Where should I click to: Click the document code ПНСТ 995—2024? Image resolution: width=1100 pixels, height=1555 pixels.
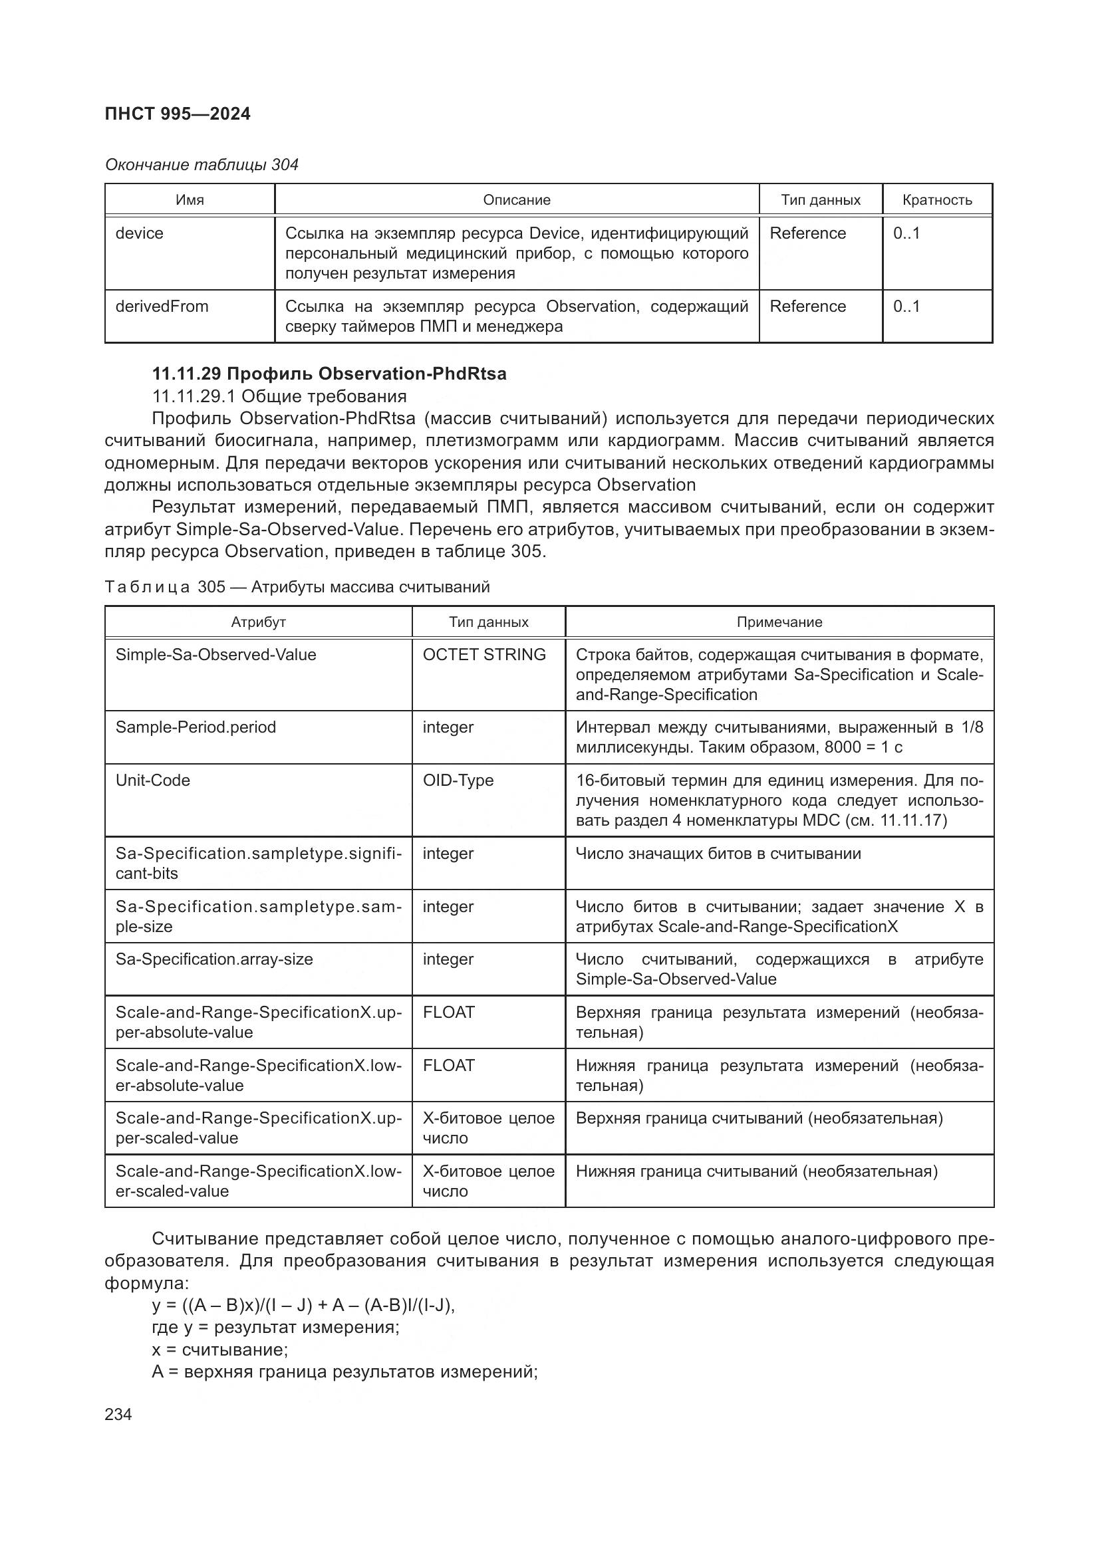point(178,114)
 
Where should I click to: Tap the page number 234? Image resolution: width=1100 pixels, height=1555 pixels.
point(118,1414)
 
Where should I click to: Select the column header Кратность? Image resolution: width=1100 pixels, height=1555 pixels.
point(937,200)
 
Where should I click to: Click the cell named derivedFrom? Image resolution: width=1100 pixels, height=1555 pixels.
point(162,306)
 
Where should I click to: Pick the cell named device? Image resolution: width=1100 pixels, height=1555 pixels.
point(140,233)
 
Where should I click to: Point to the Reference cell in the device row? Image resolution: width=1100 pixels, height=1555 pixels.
point(807,233)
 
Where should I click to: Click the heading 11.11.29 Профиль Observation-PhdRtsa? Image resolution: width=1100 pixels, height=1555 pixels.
point(329,374)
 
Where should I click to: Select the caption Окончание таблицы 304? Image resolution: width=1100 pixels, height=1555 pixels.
point(201,165)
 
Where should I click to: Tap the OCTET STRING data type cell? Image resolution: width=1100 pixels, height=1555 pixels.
point(483,654)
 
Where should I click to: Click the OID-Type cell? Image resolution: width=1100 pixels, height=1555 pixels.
point(458,780)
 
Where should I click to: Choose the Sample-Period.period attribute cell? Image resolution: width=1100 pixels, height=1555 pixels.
point(196,727)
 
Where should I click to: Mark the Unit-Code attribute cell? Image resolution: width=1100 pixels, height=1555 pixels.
point(152,780)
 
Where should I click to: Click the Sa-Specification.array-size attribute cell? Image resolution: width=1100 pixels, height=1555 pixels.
point(214,959)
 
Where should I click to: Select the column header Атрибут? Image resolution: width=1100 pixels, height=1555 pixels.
point(258,622)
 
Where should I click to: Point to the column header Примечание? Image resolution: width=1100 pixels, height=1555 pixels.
point(779,622)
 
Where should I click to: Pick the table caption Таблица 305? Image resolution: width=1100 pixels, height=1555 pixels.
point(297,586)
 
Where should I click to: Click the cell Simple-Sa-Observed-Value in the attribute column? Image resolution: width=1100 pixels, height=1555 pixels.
point(215,654)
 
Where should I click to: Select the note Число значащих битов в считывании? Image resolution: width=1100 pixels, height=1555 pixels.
point(718,854)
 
